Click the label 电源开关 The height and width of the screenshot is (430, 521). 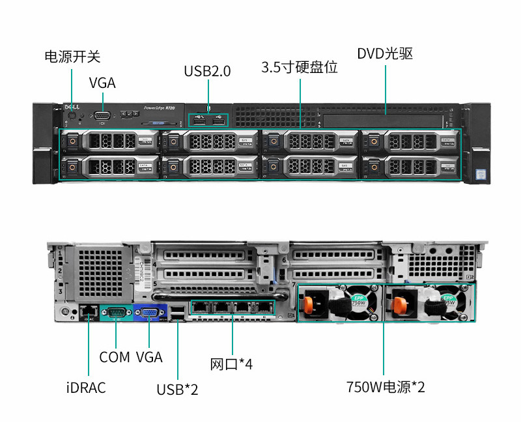(72, 56)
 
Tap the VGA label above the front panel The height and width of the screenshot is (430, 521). (102, 83)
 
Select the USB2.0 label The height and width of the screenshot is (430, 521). (207, 71)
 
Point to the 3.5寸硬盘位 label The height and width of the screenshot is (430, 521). (300, 67)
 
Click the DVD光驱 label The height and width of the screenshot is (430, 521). (385, 53)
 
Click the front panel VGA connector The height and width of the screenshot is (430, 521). (102, 116)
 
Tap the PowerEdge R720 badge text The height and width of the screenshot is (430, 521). (159, 107)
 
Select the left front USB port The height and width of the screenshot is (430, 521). (199, 119)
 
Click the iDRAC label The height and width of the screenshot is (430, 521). (86, 388)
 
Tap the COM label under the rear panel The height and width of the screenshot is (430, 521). (115, 357)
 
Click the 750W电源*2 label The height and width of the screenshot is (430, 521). (386, 388)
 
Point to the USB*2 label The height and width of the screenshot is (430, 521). (177, 390)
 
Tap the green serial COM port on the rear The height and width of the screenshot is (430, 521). (115, 313)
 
